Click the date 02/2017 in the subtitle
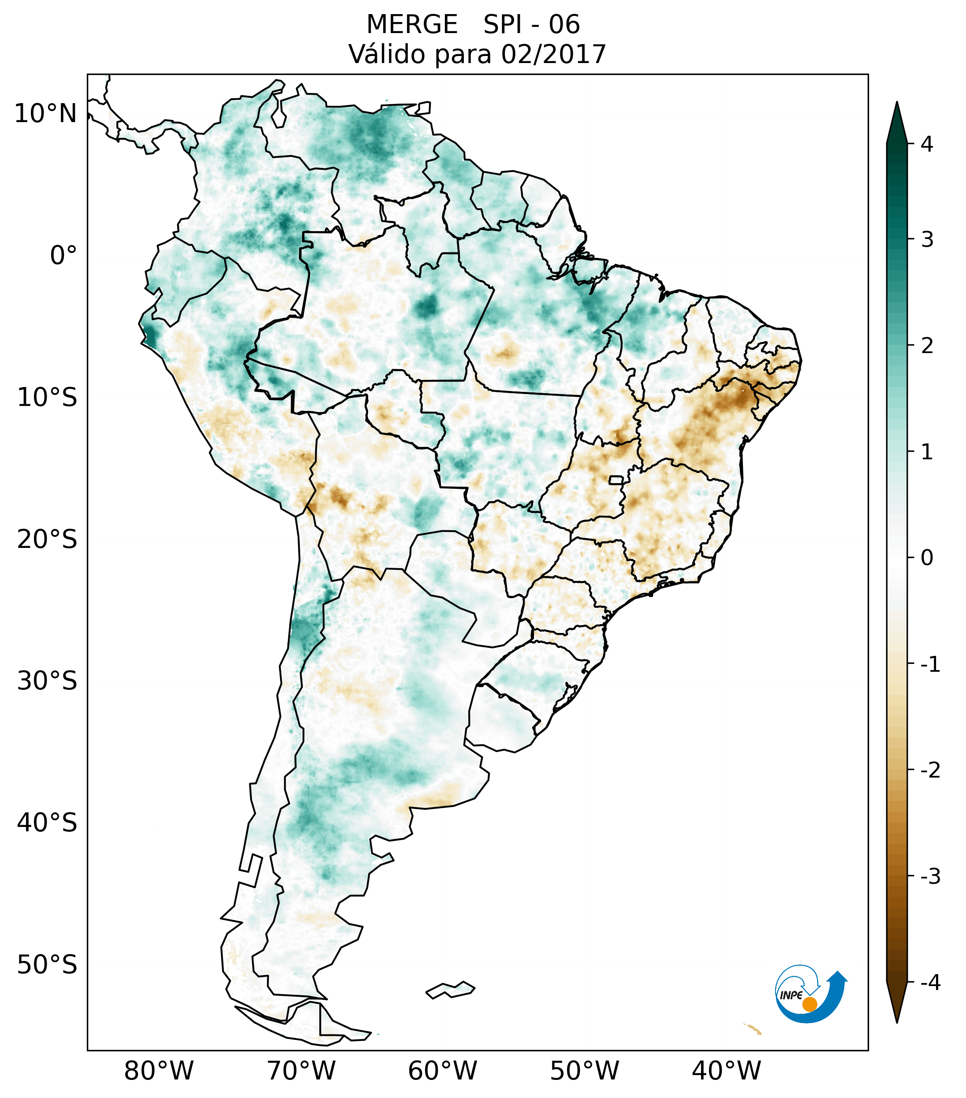[553, 54]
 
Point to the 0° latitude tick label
[63, 256]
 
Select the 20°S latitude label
[47, 540]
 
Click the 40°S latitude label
[47, 823]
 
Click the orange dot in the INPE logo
[809, 1004]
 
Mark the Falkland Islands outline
[450, 990]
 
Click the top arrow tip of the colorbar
[897, 103]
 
